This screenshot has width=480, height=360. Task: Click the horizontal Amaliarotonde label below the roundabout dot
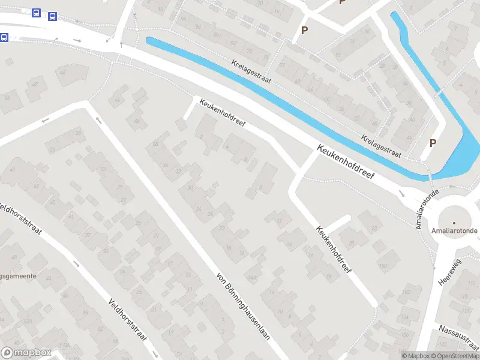point(454,230)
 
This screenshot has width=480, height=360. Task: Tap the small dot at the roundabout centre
point(454,223)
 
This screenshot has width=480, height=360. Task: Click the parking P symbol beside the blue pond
point(433,143)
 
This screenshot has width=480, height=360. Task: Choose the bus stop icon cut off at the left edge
point(3,37)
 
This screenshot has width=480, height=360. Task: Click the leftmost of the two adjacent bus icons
point(37,13)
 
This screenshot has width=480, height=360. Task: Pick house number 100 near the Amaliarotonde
point(382,266)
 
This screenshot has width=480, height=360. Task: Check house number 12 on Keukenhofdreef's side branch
point(280,222)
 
